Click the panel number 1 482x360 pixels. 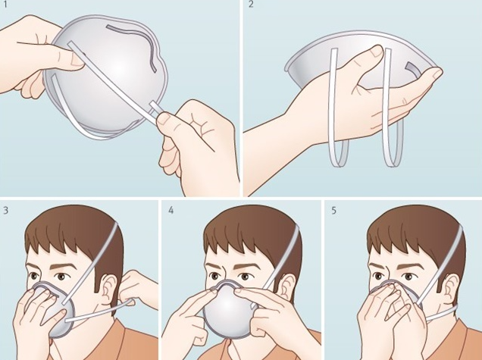pos(5,5)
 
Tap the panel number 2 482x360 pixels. pos(251,5)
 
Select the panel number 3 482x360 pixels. pos(6,210)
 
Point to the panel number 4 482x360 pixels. pos(171,210)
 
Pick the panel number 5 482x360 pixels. pos(333,210)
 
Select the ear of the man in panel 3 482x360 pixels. pos(108,289)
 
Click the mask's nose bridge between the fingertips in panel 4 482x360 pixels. pos(227,283)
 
